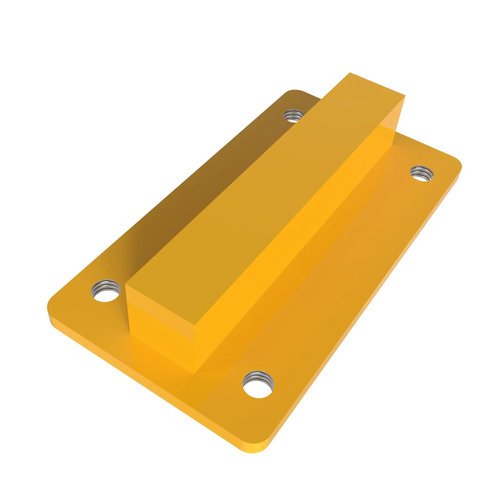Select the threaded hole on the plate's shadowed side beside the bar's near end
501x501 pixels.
[x=106, y=291]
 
